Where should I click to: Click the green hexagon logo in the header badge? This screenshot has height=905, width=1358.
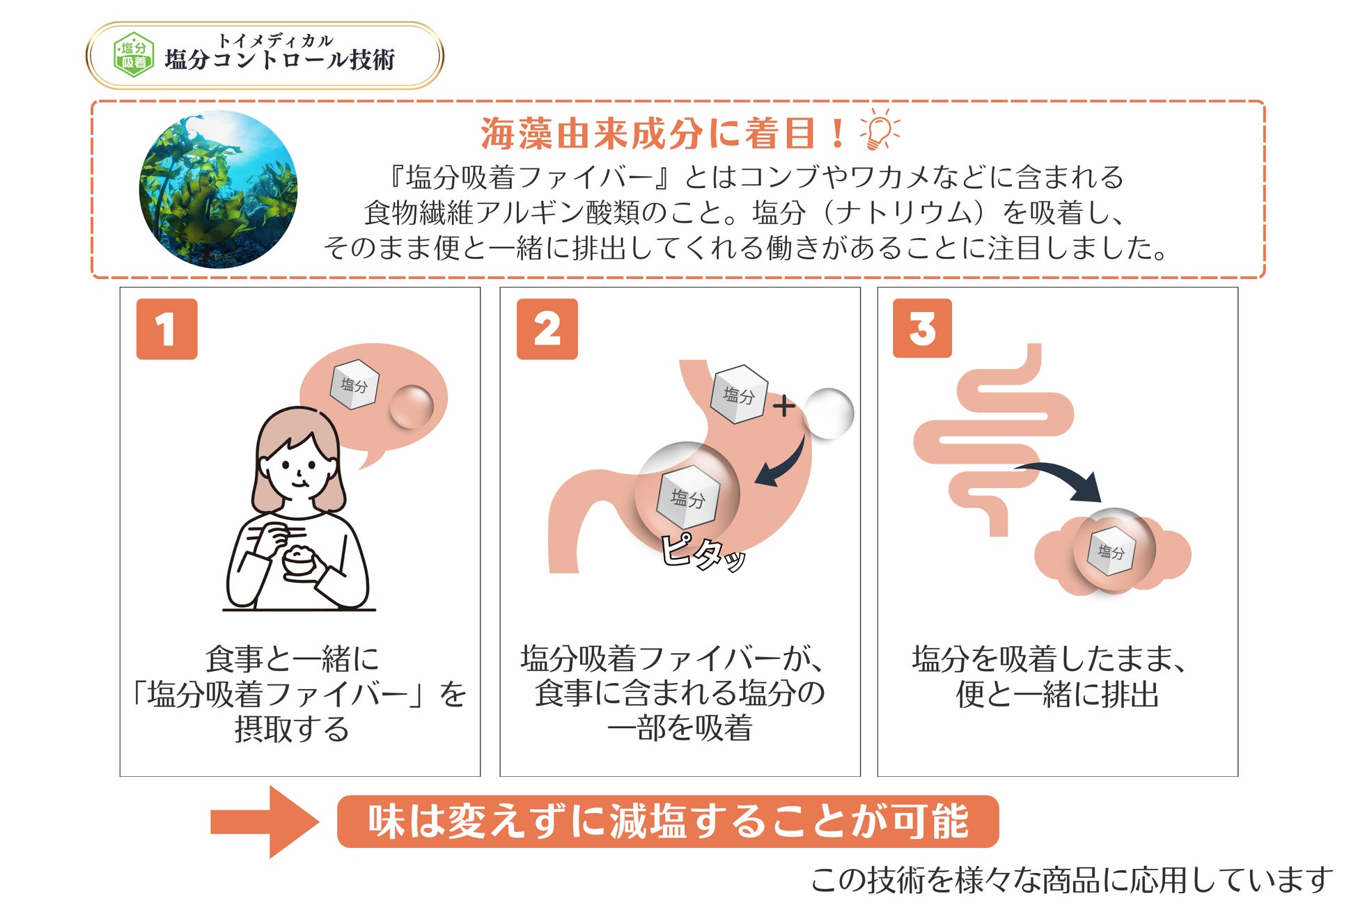[x=133, y=55]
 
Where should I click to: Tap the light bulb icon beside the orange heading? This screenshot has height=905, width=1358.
[x=880, y=129]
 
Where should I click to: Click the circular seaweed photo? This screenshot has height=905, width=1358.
[x=218, y=189]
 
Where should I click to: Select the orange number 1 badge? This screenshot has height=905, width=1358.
[x=166, y=329]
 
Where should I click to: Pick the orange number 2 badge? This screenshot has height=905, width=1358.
[x=547, y=329]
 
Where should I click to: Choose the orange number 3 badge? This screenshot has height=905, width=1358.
[x=922, y=329]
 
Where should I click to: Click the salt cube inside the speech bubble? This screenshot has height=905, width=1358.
[x=354, y=384]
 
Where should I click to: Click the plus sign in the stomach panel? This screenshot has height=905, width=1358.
[x=784, y=405]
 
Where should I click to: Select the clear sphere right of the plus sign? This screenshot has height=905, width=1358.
[x=829, y=413]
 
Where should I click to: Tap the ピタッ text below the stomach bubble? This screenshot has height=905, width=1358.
[x=702, y=553]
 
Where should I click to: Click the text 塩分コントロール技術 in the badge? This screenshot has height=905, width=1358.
[x=279, y=60]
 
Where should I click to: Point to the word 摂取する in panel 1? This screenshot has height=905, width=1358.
[x=292, y=729]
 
